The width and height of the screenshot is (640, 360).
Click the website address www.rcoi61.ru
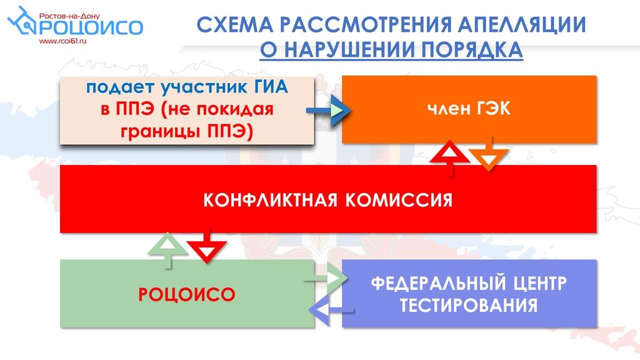[x=63, y=41]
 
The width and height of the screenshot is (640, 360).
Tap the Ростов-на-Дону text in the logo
[x=69, y=16]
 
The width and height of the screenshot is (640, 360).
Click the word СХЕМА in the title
[x=235, y=24]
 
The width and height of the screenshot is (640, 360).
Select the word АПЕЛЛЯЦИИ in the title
[x=522, y=24]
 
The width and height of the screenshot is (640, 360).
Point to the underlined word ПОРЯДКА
[x=472, y=50]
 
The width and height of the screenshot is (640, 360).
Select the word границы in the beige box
[x=159, y=132]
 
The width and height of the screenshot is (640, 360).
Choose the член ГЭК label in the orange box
[x=469, y=109]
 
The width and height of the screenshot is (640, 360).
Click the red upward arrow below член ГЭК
[x=450, y=158]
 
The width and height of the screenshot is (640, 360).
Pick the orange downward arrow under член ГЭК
[x=489, y=154]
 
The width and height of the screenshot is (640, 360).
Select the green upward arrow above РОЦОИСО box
[x=167, y=251]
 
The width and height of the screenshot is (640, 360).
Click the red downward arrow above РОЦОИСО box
[x=206, y=246]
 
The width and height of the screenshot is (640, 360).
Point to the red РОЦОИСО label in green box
[x=187, y=294]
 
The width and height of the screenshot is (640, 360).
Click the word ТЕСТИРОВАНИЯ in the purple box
[x=469, y=305]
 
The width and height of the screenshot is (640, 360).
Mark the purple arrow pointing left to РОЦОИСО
[x=331, y=310]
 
